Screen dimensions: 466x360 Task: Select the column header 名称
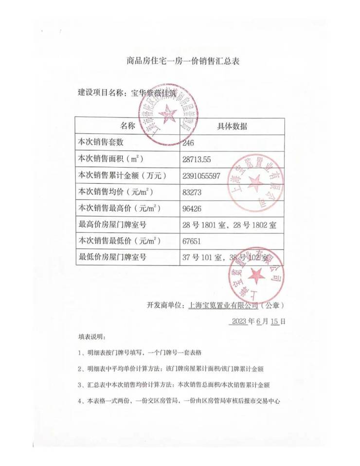click(127, 126)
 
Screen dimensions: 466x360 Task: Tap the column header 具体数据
click(232, 126)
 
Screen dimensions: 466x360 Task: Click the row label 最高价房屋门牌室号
click(112, 224)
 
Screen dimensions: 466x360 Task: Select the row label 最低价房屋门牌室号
click(112, 257)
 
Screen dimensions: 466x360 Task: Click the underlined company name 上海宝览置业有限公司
click(223, 306)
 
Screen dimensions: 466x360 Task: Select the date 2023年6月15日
click(258, 321)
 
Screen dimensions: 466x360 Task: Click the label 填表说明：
click(92, 336)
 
